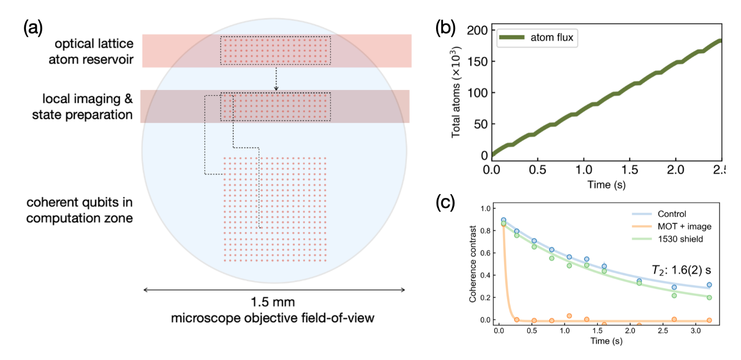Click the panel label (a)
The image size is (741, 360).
pos(33,28)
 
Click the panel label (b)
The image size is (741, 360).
pos(445,28)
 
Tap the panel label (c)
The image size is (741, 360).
pos(445,203)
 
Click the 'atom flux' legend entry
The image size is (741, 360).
pos(536,37)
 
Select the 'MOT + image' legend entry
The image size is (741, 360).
pos(671,226)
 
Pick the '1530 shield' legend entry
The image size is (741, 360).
pos(667,239)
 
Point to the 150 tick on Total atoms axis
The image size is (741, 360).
pos(477,62)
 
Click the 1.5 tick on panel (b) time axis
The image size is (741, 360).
pos(630,170)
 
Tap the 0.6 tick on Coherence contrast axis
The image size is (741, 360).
pos(485,253)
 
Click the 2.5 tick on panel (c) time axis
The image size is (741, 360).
pos(663,331)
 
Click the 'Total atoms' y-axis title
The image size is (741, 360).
pos(456,92)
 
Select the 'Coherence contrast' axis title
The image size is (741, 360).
pos(472,264)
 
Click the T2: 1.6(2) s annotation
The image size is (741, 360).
pos(681,270)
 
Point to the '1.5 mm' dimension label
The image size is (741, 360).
pos(273,302)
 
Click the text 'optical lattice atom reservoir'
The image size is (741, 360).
pos(91,51)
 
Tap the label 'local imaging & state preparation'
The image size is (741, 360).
pos(82,107)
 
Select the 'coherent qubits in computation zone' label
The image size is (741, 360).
pos(79,210)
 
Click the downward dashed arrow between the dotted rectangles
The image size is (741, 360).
pos(276,78)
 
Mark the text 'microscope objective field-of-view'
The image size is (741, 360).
pos(273,318)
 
